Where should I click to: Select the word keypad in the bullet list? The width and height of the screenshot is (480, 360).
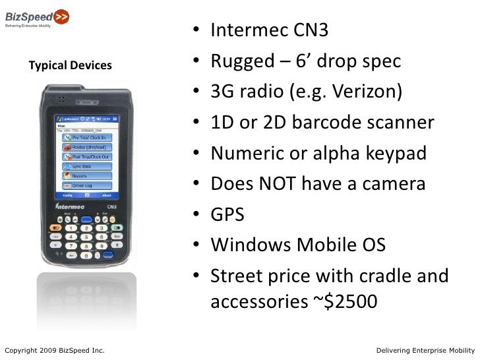tap(394, 153)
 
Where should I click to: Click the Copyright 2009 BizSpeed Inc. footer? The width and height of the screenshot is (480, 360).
tap(52, 349)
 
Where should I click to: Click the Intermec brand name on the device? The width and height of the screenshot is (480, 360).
tap(69, 206)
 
